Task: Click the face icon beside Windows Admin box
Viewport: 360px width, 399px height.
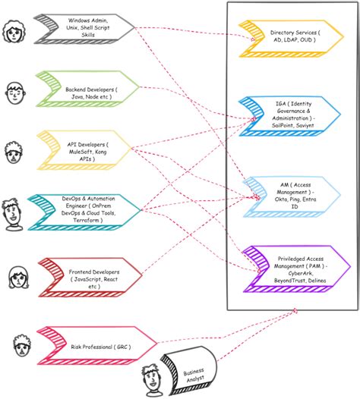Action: click(x=14, y=32)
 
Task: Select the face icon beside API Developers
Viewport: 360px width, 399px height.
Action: click(x=14, y=152)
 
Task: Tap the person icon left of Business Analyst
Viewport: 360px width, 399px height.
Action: click(x=150, y=379)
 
